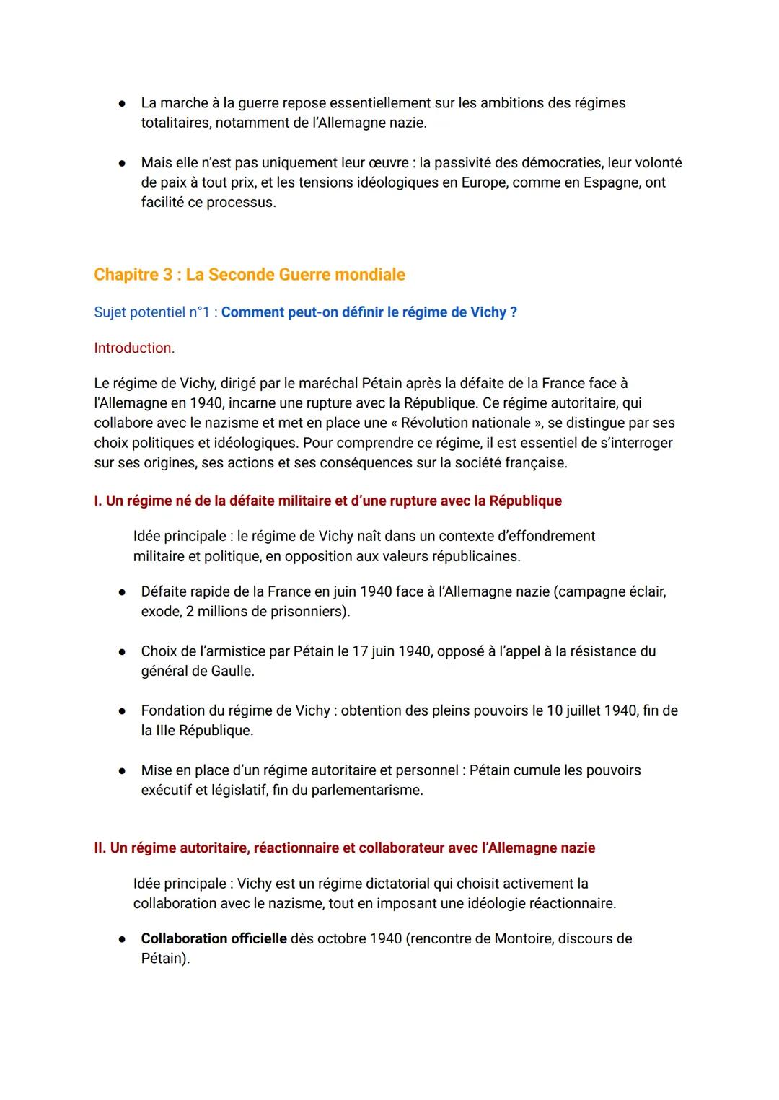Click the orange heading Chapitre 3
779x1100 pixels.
coord(249,275)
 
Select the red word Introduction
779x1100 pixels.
coord(134,348)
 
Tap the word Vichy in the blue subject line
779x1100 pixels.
coord(488,312)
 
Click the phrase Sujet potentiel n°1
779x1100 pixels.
coord(153,312)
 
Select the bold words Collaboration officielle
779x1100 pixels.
coord(214,938)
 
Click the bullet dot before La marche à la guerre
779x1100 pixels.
coord(123,104)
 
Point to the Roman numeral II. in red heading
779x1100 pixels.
coord(100,848)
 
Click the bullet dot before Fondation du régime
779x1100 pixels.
coord(123,711)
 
